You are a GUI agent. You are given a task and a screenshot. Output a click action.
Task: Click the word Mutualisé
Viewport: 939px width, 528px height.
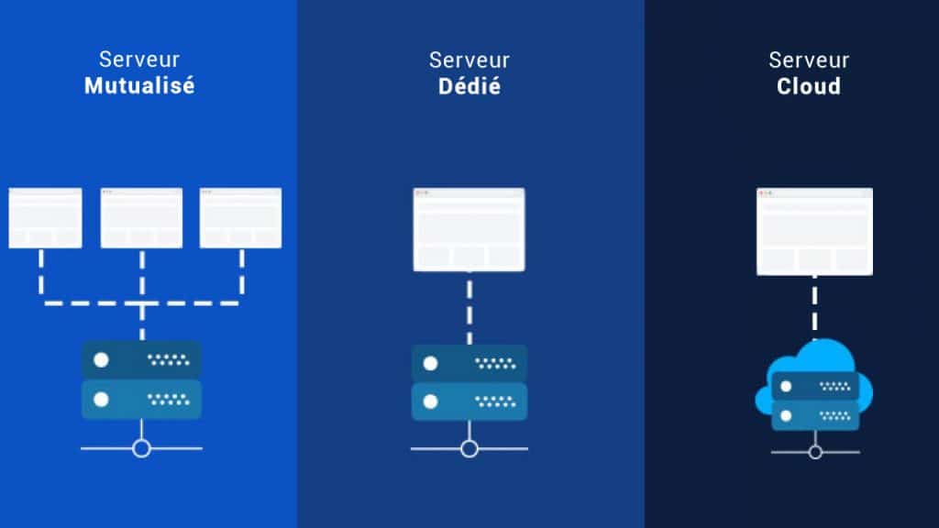[x=139, y=85]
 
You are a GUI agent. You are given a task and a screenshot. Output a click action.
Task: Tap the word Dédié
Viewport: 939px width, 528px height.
[x=469, y=86]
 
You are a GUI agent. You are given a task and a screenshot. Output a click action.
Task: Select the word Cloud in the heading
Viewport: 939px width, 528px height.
[x=809, y=86]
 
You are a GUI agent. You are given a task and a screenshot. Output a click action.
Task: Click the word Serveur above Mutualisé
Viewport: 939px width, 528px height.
[x=139, y=60]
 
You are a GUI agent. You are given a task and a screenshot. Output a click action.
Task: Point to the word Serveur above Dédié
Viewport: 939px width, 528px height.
[x=469, y=60]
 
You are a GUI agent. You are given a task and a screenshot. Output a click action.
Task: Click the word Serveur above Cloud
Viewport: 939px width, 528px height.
[x=809, y=60]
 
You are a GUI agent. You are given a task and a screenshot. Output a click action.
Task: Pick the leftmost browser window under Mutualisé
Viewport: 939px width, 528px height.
[x=45, y=218]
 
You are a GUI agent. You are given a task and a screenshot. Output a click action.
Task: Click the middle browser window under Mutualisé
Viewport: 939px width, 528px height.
[x=141, y=218]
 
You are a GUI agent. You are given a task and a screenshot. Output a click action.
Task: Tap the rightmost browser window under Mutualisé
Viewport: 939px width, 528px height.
[x=241, y=218]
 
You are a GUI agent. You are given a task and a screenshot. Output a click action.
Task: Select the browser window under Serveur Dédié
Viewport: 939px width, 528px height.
[x=469, y=229]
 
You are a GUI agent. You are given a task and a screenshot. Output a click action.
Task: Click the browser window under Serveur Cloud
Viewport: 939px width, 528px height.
[x=814, y=231]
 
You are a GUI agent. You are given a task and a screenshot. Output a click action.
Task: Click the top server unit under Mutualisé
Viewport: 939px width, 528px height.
[x=141, y=359]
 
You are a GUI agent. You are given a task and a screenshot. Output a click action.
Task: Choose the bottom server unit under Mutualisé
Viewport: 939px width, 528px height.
[x=141, y=400]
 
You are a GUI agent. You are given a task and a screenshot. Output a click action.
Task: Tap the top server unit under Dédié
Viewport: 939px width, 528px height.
[x=469, y=363]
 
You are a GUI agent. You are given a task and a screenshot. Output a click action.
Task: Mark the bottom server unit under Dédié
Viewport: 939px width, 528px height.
[x=469, y=401]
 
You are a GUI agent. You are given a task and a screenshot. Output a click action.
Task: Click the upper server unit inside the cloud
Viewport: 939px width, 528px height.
[x=815, y=387]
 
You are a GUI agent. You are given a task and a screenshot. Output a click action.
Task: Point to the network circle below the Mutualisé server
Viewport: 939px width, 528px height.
[x=141, y=448]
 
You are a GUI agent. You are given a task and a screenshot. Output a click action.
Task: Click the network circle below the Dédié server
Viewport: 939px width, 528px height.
[x=469, y=448]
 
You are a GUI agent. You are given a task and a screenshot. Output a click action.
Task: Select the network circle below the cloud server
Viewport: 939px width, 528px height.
[x=815, y=452]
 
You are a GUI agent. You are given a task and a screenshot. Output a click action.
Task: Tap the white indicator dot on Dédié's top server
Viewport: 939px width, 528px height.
[x=430, y=363]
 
